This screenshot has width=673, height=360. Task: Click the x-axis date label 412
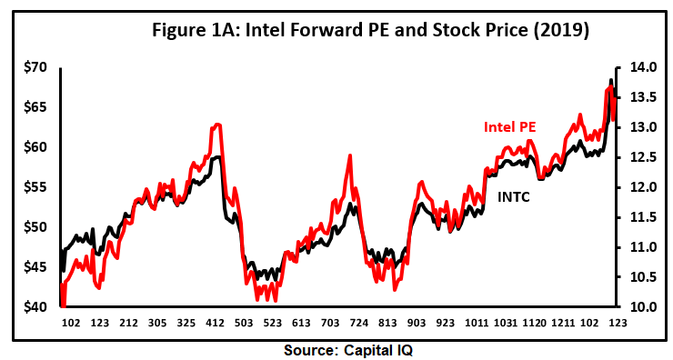point(215,322)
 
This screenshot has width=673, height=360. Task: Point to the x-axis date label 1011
point(475,322)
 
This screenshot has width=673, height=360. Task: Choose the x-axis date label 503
point(244,322)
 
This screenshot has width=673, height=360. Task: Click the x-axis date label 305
point(157,322)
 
